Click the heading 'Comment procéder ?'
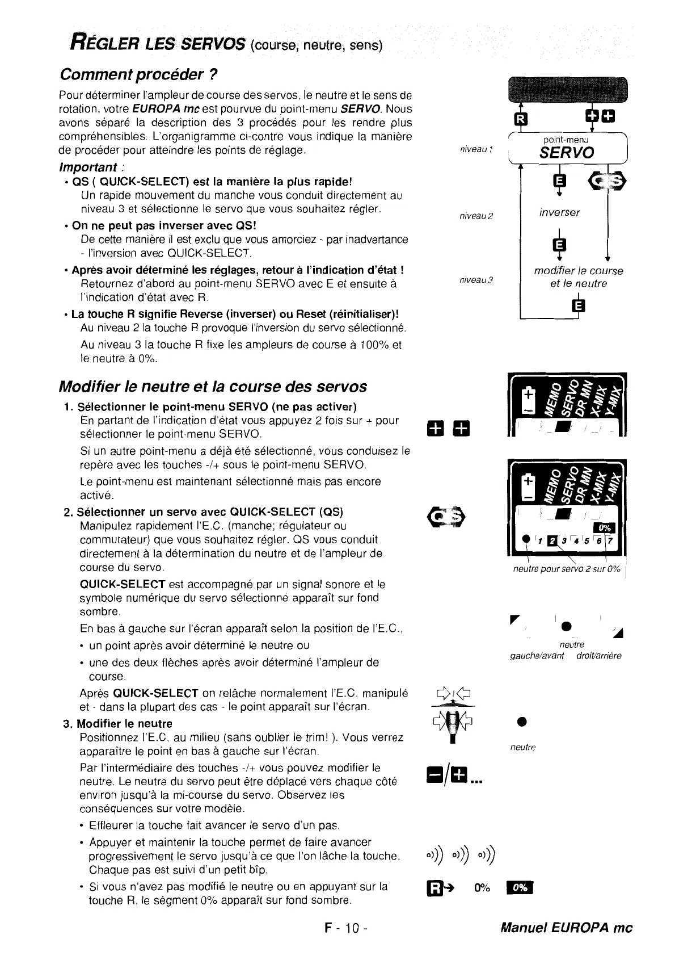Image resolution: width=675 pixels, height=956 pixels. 139,74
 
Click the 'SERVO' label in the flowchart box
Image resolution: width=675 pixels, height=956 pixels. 567,152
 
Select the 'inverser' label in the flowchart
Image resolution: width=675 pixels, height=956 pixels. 559,212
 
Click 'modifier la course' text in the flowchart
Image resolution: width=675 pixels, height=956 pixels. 578,271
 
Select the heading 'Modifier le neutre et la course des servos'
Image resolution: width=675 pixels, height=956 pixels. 213,387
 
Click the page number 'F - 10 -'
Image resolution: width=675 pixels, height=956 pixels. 347,928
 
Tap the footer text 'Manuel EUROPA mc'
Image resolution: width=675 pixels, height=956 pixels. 566,928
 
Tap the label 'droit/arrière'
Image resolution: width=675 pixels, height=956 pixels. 598,656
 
